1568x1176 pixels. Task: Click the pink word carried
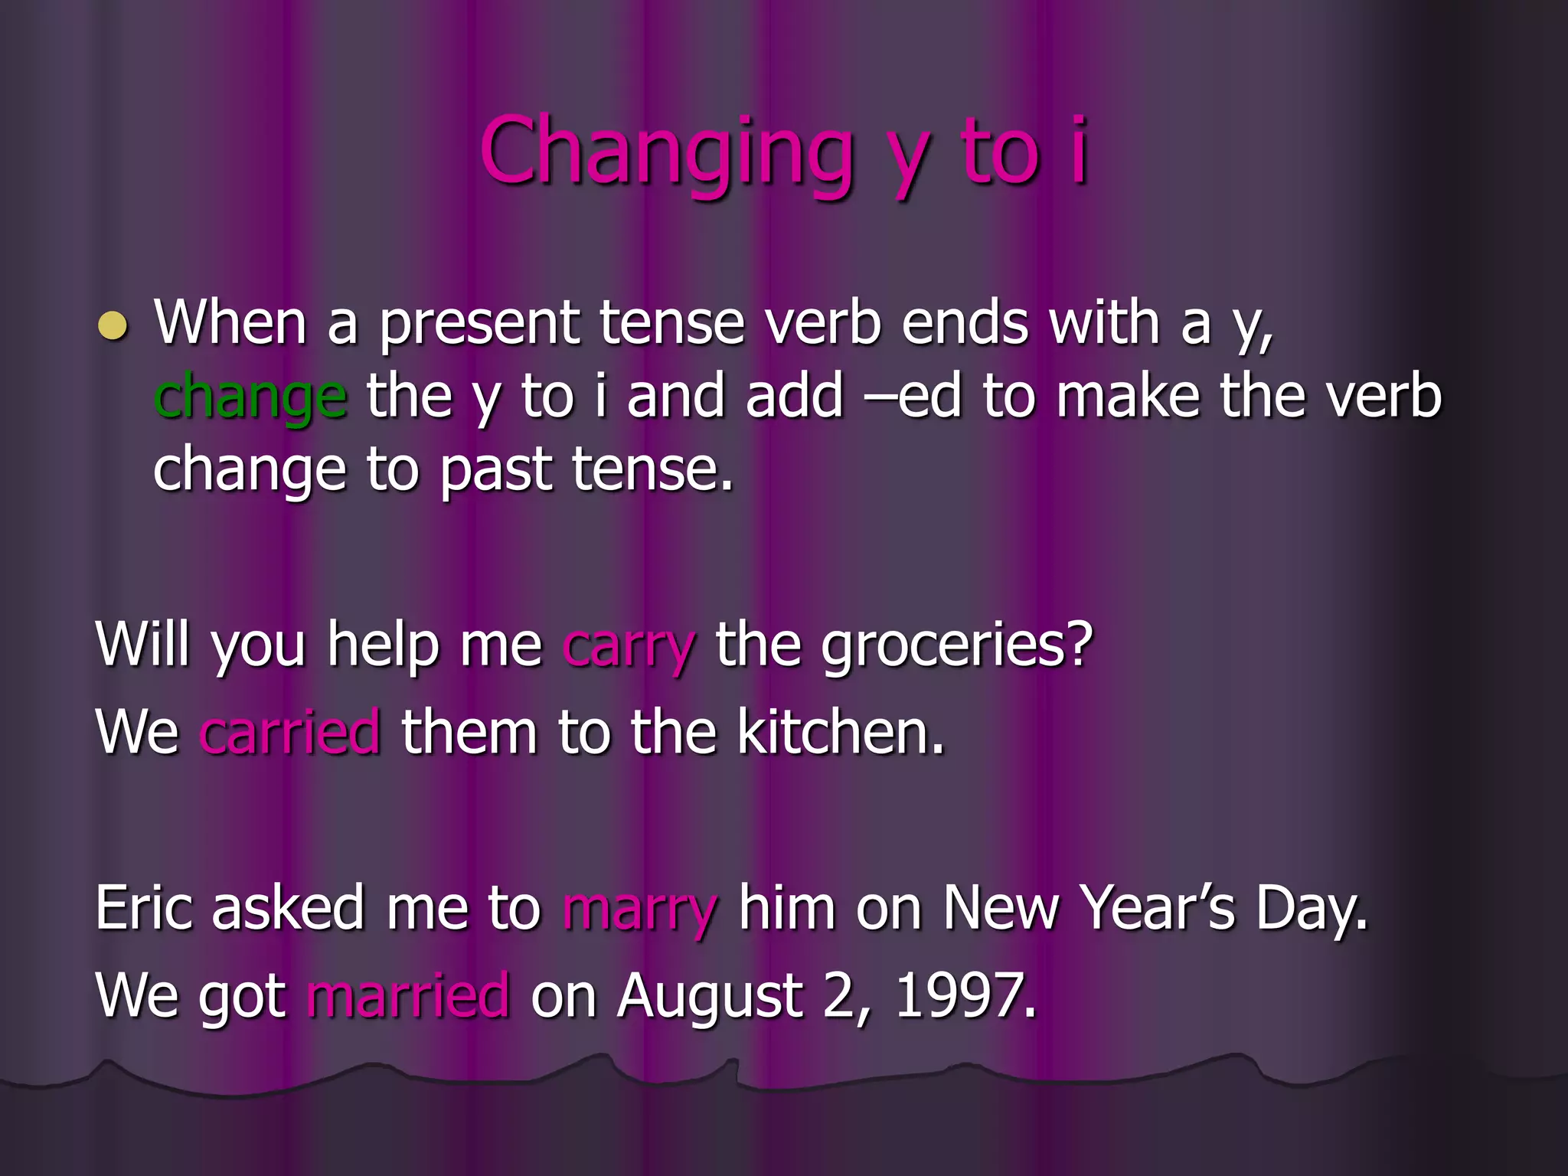click(289, 733)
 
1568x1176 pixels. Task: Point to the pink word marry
click(640, 910)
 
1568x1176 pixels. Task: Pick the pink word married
click(408, 997)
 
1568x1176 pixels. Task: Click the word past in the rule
click(495, 471)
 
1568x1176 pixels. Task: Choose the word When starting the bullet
click(230, 323)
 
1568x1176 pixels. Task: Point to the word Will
click(142, 645)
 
